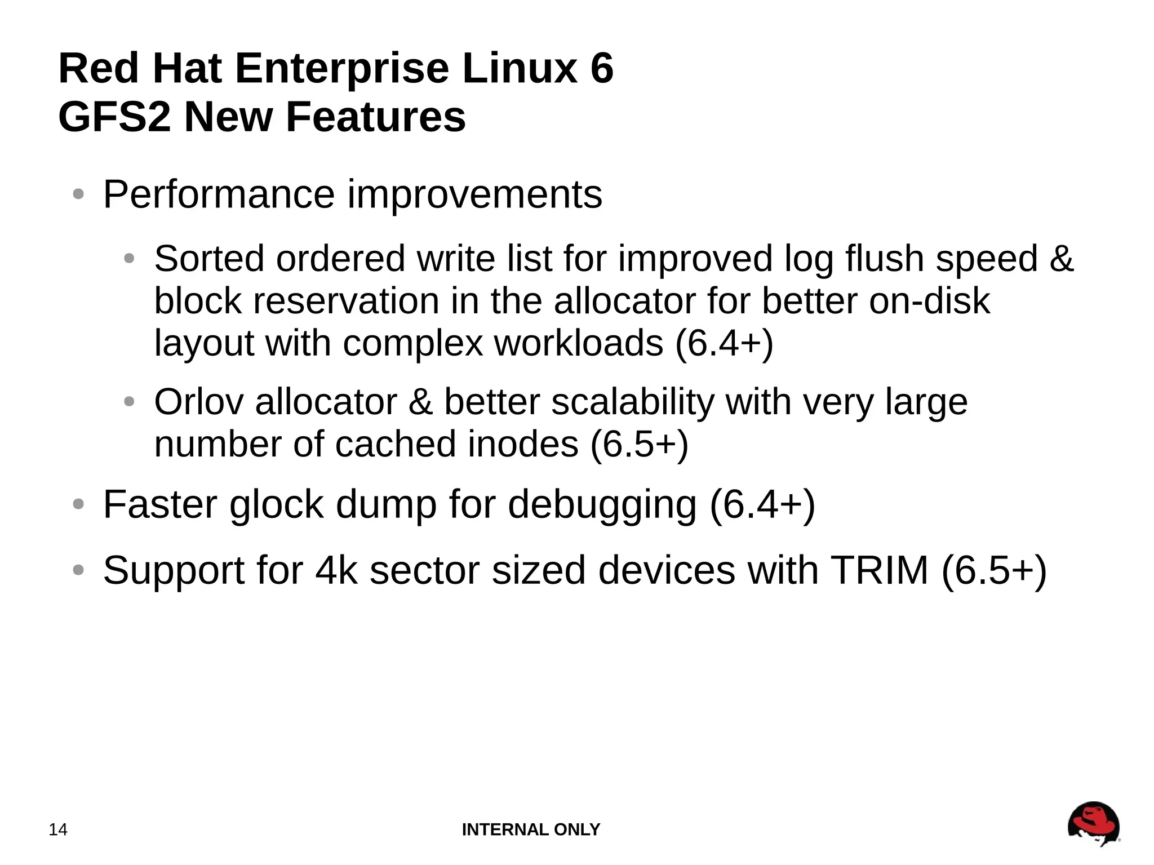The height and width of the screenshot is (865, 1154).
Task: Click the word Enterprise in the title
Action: click(x=341, y=68)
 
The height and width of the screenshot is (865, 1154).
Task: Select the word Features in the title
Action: click(x=376, y=117)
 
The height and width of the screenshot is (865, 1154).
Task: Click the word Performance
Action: click(x=219, y=194)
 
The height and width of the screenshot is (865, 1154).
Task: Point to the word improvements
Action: click(x=474, y=194)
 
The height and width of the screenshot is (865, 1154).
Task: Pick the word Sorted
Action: click(x=209, y=259)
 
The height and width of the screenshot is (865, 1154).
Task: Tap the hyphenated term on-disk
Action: click(x=929, y=301)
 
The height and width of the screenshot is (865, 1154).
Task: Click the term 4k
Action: click(x=336, y=570)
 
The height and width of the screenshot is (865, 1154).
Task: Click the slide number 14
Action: click(x=58, y=829)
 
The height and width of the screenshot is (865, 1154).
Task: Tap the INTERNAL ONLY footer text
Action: click(x=531, y=829)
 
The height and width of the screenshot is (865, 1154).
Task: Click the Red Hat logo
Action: click(x=1093, y=824)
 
